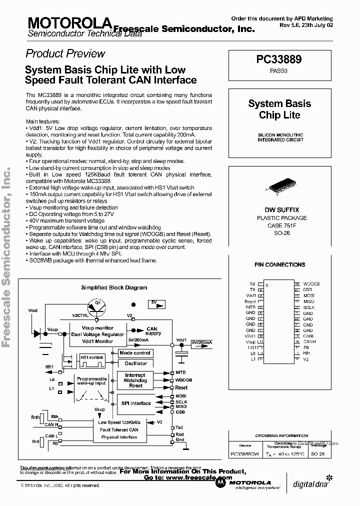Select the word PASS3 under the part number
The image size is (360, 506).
(x=279, y=71)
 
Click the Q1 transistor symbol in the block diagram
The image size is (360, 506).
(x=98, y=306)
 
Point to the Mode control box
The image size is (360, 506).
(x=134, y=353)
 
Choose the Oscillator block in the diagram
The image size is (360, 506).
(x=135, y=363)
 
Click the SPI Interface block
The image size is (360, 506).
(x=135, y=403)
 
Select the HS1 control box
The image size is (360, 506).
(x=91, y=357)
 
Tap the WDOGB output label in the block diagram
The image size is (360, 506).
(x=183, y=380)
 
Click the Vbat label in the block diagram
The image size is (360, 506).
(x=33, y=310)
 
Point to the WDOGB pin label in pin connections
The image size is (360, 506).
(x=311, y=284)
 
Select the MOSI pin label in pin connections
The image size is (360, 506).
(x=308, y=295)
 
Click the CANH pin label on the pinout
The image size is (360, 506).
(x=309, y=341)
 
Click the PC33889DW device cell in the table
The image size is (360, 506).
(x=244, y=454)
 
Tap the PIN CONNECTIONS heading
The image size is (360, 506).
(x=279, y=265)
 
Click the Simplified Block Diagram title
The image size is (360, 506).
(x=114, y=287)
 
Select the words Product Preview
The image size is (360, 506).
(x=65, y=53)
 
